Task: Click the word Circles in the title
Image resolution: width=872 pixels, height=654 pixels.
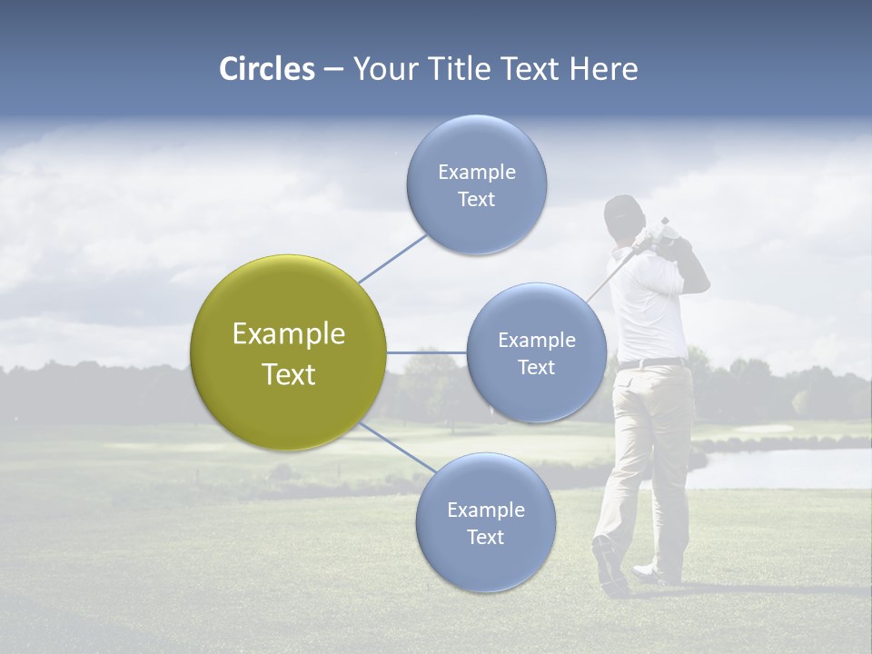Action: click(x=267, y=69)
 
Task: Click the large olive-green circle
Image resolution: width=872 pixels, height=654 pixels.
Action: click(x=289, y=352)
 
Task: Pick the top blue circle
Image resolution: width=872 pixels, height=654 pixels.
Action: click(x=476, y=184)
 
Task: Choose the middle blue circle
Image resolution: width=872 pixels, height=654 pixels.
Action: click(x=536, y=352)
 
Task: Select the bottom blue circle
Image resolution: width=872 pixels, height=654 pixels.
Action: click(x=485, y=522)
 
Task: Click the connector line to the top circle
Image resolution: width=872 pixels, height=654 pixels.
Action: click(x=392, y=258)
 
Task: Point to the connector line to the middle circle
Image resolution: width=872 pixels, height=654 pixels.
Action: click(x=427, y=352)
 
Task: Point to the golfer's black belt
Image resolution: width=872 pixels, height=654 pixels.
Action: click(x=652, y=364)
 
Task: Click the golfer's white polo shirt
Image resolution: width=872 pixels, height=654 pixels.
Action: click(x=647, y=309)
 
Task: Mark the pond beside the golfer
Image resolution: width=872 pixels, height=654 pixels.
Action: click(x=781, y=467)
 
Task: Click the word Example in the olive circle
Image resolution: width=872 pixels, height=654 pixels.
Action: click(x=289, y=334)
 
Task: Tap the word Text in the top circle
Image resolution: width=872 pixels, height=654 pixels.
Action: click(x=476, y=200)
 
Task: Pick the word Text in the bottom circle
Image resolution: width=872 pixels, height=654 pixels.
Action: click(x=485, y=538)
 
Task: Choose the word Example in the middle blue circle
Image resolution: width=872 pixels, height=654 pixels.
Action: click(x=536, y=341)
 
